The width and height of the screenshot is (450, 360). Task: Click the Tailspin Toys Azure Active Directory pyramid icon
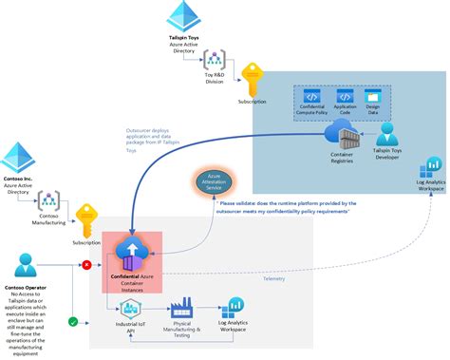pyautogui.click(x=181, y=16)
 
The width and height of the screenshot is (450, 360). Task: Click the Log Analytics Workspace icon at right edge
pyautogui.click(x=432, y=165)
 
